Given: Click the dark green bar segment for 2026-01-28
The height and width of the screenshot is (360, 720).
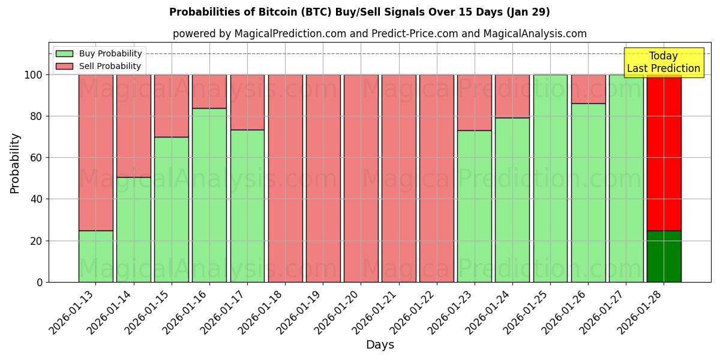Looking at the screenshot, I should pyautogui.click(x=664, y=256).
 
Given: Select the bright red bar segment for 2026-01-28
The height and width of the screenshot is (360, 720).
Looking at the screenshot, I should pyautogui.click(x=664, y=152).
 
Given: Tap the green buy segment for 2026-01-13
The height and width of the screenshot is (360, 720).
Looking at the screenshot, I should pyautogui.click(x=95, y=256).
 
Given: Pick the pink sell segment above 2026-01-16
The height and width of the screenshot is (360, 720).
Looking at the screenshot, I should pyautogui.click(x=209, y=91).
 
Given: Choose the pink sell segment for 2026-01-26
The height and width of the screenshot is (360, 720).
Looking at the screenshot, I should pyautogui.click(x=588, y=89).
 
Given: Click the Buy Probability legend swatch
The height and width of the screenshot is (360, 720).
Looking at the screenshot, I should pyautogui.click(x=64, y=53).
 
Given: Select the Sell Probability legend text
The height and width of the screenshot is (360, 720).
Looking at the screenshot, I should pyautogui.click(x=110, y=66).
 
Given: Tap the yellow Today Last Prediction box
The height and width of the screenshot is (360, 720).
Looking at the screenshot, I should pyautogui.click(x=663, y=62).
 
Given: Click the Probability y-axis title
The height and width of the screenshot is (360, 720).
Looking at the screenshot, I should pyautogui.click(x=15, y=163).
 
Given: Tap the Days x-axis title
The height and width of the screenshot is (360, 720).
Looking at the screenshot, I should pyautogui.click(x=380, y=345).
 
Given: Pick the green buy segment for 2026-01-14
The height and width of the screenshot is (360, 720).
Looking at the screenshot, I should pyautogui.click(x=133, y=229).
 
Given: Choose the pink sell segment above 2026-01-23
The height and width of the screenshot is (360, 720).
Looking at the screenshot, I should pyautogui.click(x=474, y=102).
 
